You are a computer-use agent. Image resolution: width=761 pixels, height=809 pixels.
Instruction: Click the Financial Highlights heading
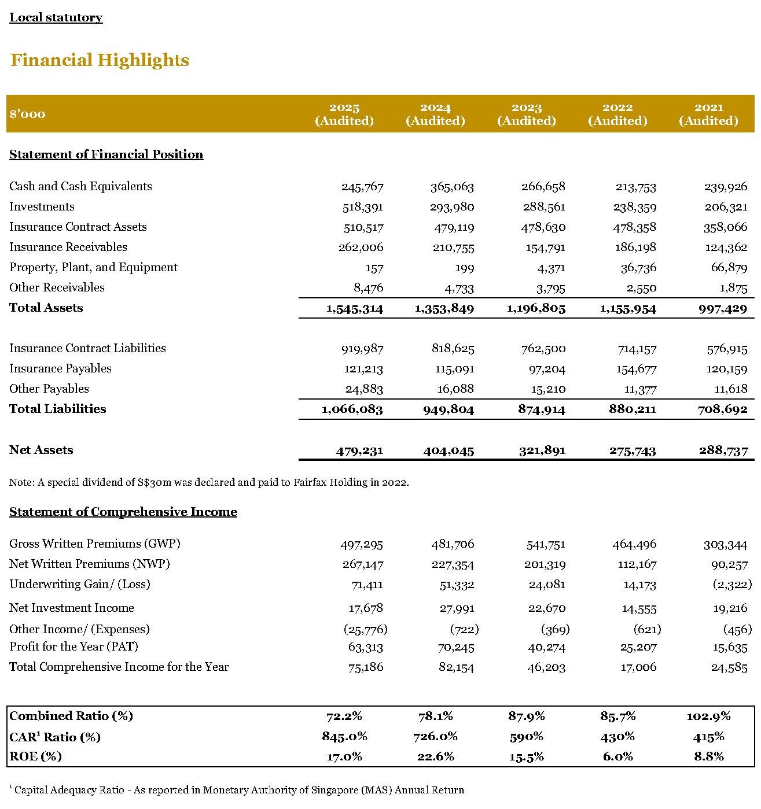coord(100,60)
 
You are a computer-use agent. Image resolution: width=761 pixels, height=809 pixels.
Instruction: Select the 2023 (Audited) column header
coord(526,114)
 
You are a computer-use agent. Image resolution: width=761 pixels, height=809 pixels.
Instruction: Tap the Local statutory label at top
coord(56,17)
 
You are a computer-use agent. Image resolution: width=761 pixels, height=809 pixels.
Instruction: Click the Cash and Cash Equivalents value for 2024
coord(452,187)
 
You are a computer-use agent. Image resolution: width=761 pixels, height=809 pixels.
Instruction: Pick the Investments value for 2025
coord(362,207)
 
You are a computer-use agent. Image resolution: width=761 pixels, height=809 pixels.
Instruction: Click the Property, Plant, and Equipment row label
coord(93,267)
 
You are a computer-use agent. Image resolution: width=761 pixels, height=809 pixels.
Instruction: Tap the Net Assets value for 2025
coord(359,450)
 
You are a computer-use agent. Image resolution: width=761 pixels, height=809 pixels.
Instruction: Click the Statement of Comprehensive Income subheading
coord(123,512)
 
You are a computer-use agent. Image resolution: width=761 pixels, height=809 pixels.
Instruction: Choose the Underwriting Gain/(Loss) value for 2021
coord(732,585)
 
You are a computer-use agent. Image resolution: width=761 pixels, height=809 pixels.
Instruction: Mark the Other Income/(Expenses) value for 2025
coord(365,629)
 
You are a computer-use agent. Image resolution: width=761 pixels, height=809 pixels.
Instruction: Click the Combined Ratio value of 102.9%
coord(708,716)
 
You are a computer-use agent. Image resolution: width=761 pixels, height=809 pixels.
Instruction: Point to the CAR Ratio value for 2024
coord(435,737)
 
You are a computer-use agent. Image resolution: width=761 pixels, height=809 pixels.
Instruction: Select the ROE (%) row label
coord(35,756)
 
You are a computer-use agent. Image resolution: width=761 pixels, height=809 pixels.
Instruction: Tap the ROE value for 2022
coord(617,756)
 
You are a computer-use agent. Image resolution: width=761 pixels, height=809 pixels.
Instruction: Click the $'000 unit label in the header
coord(27,114)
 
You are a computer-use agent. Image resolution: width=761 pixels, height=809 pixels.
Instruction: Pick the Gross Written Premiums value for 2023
coord(545,544)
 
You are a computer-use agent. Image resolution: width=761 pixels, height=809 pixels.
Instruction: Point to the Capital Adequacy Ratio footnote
coord(237,790)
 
